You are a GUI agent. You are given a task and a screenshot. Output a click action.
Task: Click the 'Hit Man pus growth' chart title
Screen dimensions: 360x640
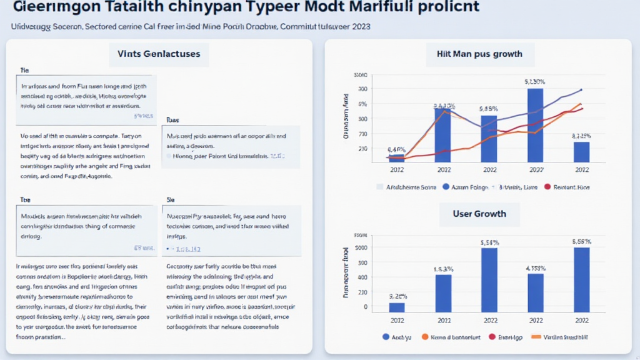pos(479,54)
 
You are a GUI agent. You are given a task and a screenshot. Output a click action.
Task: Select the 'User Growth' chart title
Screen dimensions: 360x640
pos(479,214)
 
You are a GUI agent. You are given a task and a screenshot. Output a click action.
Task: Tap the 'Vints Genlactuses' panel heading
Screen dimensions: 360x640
pos(159,54)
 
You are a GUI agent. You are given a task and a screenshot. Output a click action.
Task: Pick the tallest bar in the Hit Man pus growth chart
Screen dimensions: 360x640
pos(535,125)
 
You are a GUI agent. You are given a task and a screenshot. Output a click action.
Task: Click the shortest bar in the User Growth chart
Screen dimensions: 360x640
pos(397,307)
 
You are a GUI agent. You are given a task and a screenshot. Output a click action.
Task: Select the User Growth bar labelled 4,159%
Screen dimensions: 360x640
pos(535,292)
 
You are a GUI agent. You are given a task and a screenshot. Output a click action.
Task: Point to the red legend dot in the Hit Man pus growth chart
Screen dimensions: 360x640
pos(548,187)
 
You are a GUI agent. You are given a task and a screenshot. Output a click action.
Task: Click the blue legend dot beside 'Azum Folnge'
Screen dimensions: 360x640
pos(446,187)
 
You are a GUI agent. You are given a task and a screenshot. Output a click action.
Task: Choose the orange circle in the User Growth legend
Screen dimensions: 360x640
pos(425,337)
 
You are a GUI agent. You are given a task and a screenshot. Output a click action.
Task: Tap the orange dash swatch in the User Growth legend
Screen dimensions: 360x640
pos(535,337)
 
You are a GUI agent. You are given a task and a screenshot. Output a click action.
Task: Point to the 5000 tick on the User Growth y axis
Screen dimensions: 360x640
pos(361,247)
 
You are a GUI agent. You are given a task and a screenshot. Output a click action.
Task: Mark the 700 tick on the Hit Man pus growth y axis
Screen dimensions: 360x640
pos(362,134)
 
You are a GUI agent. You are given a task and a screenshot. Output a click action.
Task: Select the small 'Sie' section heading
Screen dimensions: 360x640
pos(170,199)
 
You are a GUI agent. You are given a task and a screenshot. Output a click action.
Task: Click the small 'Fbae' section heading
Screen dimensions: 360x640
pos(172,119)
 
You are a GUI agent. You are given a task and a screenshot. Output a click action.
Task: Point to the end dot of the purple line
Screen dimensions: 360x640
pos(581,90)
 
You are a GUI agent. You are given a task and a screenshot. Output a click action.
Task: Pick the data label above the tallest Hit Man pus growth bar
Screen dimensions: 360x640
pos(535,82)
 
